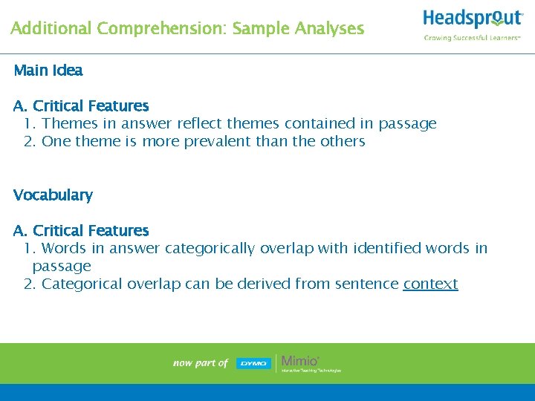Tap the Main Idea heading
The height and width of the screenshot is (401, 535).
click(x=48, y=71)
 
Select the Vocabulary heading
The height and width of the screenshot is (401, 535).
click(x=53, y=195)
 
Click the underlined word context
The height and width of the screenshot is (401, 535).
click(x=430, y=284)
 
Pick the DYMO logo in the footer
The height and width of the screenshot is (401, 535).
click(x=253, y=363)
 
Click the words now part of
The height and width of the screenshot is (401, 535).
click(x=200, y=363)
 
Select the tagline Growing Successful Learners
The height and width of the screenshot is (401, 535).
click(x=472, y=37)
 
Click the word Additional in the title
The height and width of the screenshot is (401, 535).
click(x=51, y=29)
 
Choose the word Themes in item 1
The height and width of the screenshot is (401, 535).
click(x=69, y=123)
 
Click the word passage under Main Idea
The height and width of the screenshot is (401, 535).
click(x=408, y=123)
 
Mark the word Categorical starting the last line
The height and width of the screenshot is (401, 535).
click(x=82, y=284)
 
